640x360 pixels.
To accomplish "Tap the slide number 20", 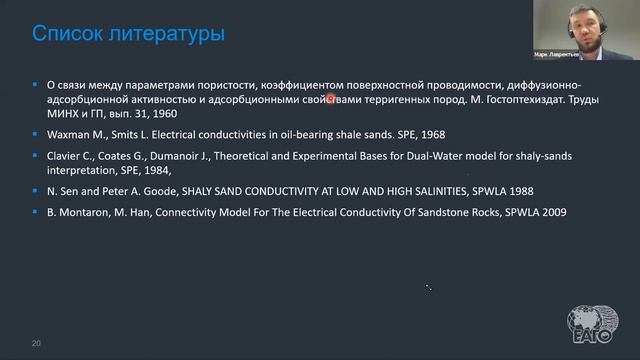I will click(36, 343).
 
